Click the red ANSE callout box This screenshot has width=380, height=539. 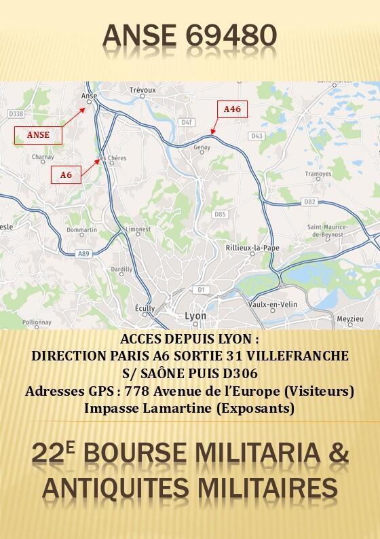tap(38, 134)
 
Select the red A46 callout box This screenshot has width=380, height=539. tap(232, 109)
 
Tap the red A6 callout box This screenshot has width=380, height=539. tap(66, 174)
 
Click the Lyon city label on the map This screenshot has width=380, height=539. tap(195, 316)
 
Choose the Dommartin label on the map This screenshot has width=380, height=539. tap(83, 229)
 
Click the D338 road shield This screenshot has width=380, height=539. tap(17, 113)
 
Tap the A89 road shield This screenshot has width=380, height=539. tap(84, 254)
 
